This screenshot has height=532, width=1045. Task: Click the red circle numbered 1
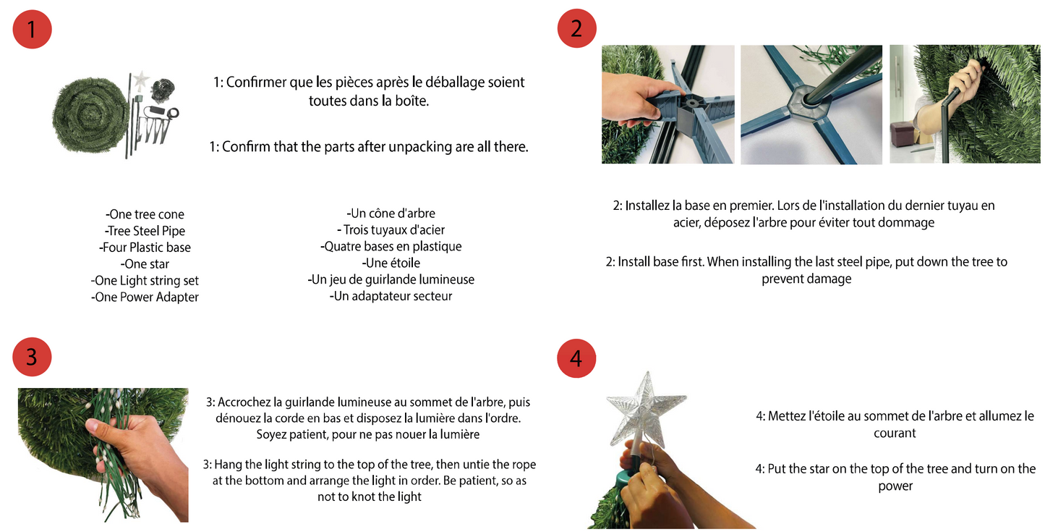32,29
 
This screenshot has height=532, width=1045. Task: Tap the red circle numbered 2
576,28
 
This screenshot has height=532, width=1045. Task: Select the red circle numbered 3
32,357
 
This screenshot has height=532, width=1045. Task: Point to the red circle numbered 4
576,358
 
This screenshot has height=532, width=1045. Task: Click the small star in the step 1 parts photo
140,80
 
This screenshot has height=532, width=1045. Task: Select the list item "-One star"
145,264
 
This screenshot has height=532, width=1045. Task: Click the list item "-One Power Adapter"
145,297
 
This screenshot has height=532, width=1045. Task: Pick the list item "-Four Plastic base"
145,248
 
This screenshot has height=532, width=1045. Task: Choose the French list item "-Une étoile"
391,263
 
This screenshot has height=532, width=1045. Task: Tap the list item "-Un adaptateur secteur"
391,296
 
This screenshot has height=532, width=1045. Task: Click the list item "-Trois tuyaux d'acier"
391,229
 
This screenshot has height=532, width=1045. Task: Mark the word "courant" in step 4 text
895,434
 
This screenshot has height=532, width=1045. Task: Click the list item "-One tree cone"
145,214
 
